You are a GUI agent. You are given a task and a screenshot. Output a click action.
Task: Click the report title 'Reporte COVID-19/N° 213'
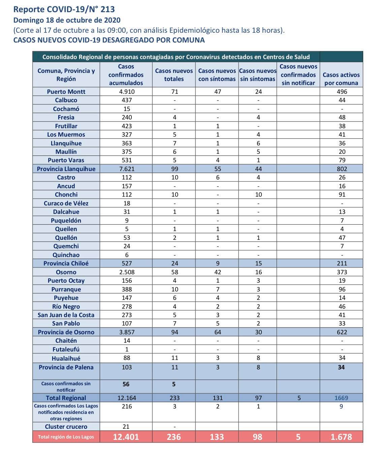click(64, 9)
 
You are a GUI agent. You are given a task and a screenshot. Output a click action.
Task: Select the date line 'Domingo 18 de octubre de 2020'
click(67, 20)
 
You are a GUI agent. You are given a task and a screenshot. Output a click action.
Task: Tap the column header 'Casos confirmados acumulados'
click(126, 75)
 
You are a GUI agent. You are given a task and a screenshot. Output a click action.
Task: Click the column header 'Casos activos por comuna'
click(341, 79)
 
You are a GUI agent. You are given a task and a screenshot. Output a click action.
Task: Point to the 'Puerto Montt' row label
click(66, 92)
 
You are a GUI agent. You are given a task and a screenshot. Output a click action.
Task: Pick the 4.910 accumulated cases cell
click(126, 92)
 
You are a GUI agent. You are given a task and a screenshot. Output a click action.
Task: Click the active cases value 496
click(341, 92)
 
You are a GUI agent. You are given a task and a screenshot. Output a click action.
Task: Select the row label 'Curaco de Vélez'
click(66, 203)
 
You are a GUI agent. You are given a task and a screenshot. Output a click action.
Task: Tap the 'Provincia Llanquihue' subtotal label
click(66, 169)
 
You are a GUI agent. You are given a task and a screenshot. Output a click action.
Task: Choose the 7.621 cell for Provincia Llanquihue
click(126, 169)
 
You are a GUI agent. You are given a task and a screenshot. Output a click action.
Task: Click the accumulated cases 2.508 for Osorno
click(126, 272)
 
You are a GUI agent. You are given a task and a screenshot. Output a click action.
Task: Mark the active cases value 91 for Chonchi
click(341, 195)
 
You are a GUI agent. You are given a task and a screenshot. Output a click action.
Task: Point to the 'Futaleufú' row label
click(66, 349)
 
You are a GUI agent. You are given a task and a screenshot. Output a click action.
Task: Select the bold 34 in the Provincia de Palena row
click(341, 367)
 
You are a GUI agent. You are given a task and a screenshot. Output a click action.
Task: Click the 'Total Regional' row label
click(66, 398)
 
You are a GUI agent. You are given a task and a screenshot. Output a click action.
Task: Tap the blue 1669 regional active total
click(341, 398)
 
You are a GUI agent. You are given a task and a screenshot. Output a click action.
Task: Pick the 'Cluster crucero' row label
click(66, 427)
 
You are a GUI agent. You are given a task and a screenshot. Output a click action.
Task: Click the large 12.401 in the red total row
click(126, 437)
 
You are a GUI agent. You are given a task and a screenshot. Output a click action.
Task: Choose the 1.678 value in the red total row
click(341, 437)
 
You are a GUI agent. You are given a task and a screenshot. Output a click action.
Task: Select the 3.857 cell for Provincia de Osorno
click(126, 332)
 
